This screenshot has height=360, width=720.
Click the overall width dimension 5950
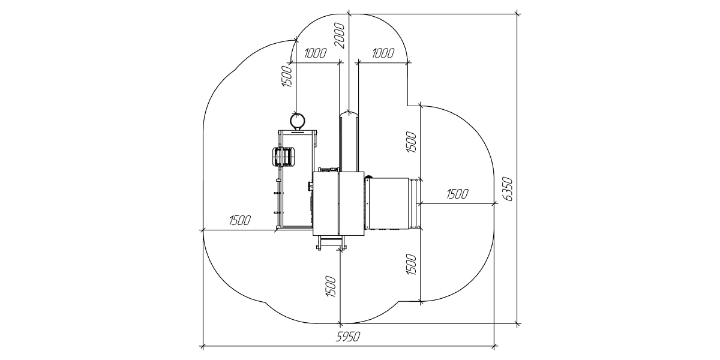pyautogui.click(x=348, y=337)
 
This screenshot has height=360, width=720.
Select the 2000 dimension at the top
pyautogui.click(x=340, y=35)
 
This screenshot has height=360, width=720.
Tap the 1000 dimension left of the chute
pyautogui.click(x=315, y=53)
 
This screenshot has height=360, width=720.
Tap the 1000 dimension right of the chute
pyautogui.click(x=383, y=53)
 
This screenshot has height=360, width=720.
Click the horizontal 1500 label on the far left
pyautogui.click(x=240, y=221)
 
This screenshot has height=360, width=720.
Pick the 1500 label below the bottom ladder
pyautogui.click(x=331, y=286)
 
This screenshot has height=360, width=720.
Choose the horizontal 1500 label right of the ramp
pyautogui.click(x=457, y=194)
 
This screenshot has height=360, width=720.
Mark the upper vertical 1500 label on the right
pyautogui.click(x=412, y=142)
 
